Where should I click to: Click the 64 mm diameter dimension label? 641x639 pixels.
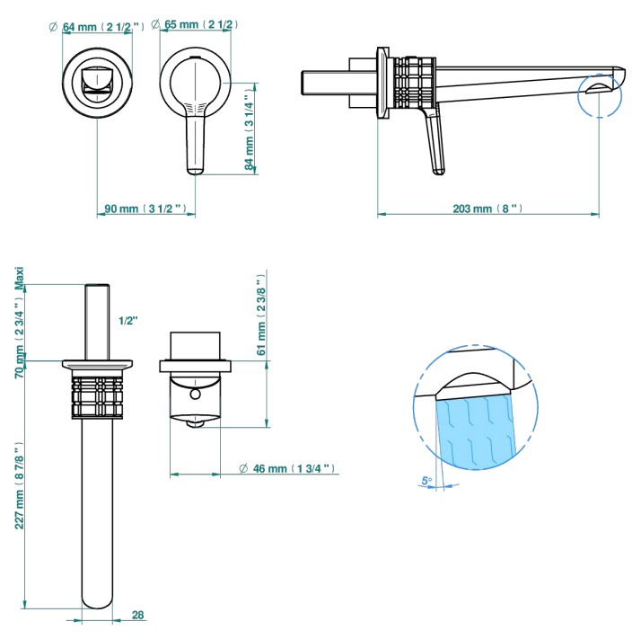(96, 27)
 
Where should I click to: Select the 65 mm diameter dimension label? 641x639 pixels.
(195, 24)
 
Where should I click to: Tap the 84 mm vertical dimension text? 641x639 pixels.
(250, 132)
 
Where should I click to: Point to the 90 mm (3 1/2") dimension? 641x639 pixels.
(145, 209)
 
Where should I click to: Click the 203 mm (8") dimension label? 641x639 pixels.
(487, 209)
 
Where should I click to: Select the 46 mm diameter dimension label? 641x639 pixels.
(287, 468)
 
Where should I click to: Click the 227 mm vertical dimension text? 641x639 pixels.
(19, 485)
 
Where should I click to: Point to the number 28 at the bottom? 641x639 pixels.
(137, 615)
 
